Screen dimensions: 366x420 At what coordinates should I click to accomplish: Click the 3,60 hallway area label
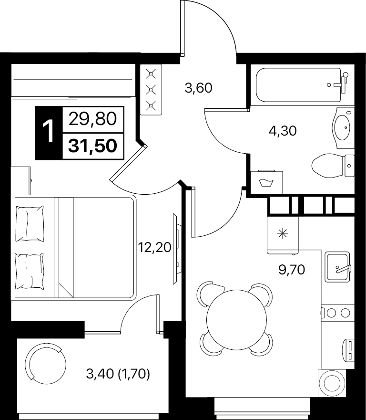click(x=199, y=88)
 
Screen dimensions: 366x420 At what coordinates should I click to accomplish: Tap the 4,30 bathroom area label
click(x=283, y=131)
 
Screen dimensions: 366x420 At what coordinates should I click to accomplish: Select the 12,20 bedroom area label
click(x=154, y=247)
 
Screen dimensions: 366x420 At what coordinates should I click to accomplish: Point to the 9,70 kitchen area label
click(x=292, y=270)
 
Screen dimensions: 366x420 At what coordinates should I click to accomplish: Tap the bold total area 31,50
click(x=93, y=146)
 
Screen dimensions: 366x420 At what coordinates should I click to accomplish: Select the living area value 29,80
click(x=93, y=119)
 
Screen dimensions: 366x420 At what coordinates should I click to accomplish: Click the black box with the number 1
click(x=49, y=133)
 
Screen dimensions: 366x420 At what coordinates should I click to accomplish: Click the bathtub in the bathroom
click(x=298, y=85)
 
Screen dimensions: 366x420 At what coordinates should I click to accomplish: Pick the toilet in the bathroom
click(x=333, y=166)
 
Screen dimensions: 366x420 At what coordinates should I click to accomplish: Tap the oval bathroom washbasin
click(x=343, y=128)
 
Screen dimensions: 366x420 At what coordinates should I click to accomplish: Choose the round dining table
click(x=237, y=320)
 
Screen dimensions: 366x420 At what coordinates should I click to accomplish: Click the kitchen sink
click(x=337, y=267)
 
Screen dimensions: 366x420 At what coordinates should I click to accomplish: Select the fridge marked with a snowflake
click(x=283, y=235)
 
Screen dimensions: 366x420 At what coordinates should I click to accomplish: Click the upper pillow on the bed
click(x=30, y=223)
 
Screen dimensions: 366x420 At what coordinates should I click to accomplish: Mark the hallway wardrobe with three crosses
click(x=151, y=90)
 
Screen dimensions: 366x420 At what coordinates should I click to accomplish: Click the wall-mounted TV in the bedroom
click(x=176, y=249)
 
